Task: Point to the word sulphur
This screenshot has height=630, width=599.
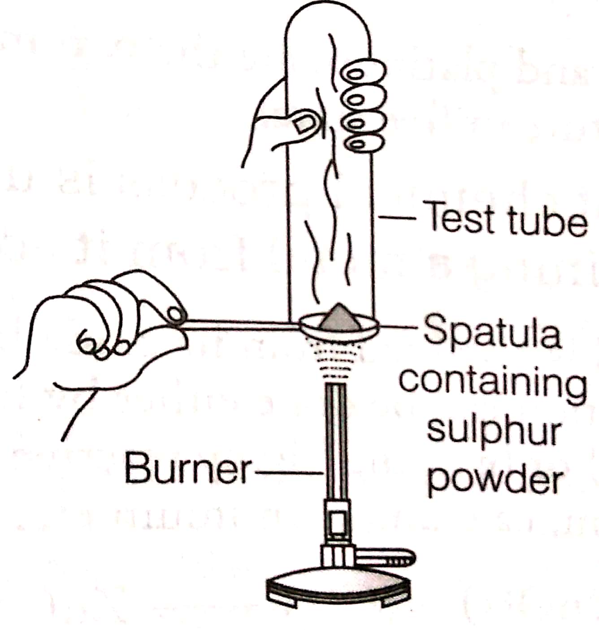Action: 494,432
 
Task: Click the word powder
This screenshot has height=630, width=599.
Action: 495,480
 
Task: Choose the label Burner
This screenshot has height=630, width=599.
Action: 187,469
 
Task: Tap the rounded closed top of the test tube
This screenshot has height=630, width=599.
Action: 329,22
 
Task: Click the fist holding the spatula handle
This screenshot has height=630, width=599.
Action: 103,328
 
